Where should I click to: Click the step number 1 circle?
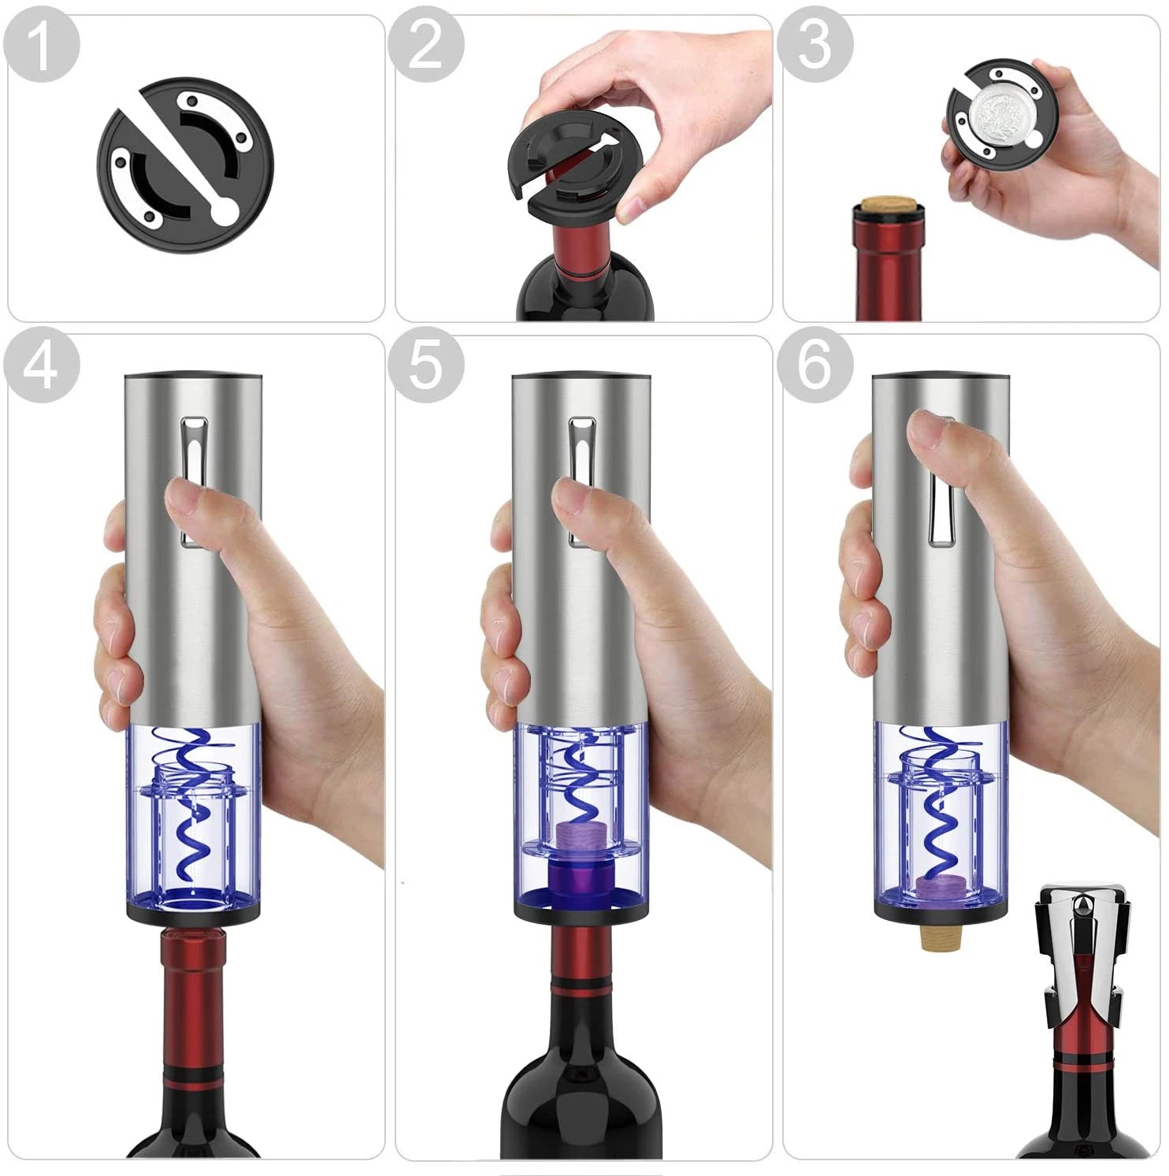click(x=41, y=44)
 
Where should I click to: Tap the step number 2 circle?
click(x=426, y=44)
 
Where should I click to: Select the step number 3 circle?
click(x=815, y=44)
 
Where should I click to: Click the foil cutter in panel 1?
click(x=184, y=165)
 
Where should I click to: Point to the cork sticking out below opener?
click(x=937, y=937)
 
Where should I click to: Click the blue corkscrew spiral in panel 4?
click(x=191, y=803)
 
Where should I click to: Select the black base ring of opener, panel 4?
click(x=193, y=914)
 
